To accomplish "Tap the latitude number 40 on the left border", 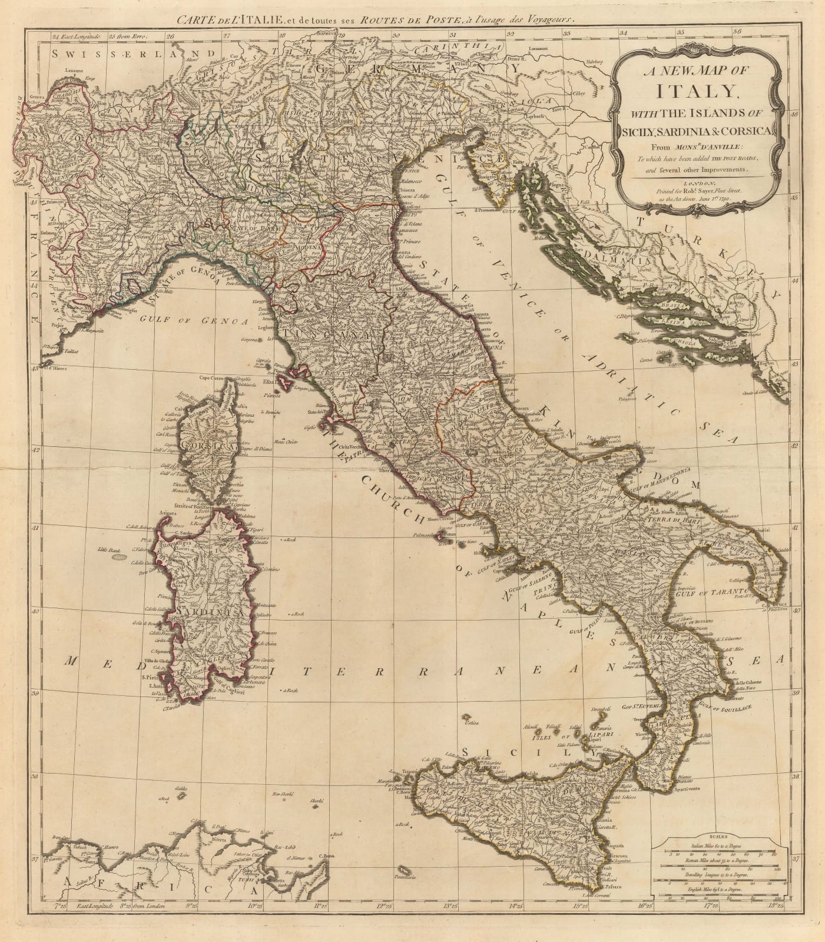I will (35, 612).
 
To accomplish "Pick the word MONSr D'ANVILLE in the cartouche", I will (704, 145).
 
